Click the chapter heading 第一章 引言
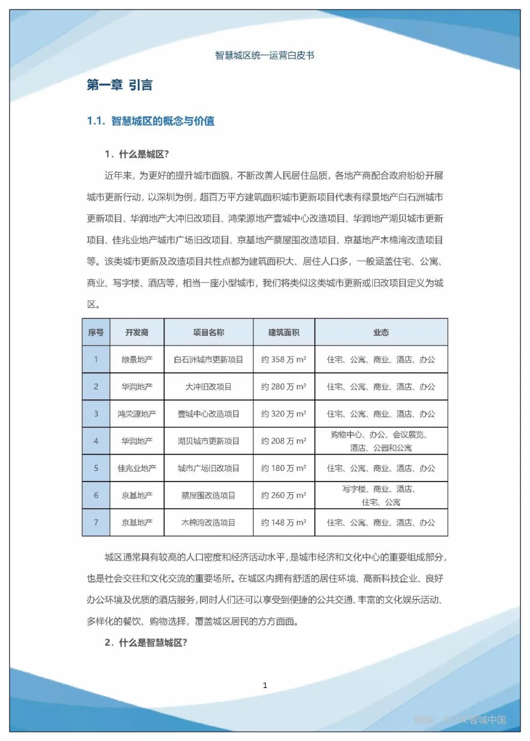[119, 85]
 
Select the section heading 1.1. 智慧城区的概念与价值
[151, 121]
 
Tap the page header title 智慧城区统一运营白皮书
[265, 55]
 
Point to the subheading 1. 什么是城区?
[136, 154]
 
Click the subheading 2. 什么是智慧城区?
[146, 642]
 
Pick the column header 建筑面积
[284, 332]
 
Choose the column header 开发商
[137, 332]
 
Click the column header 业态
[381, 332]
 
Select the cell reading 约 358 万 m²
[284, 359]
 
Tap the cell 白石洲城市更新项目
[209, 359]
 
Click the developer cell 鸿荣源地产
[137, 414]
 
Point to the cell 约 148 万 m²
[284, 523]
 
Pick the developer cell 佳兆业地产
[137, 468]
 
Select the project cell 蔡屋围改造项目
[209, 495]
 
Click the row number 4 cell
[96, 441]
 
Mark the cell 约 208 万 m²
[284, 441]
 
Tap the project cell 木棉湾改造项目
[209, 523]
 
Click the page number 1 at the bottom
[265, 685]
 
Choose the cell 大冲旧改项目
[209, 387]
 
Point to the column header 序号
[96, 332]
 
